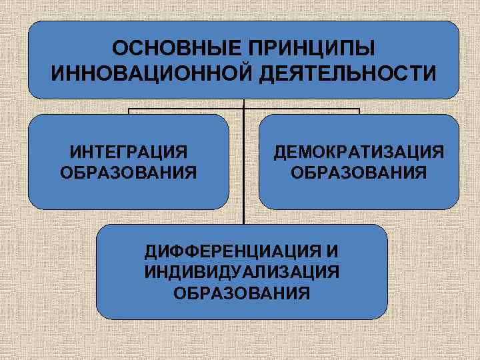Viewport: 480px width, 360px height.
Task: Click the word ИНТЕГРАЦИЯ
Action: coord(129,153)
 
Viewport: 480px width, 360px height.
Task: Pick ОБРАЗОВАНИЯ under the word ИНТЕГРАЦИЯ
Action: coord(129,173)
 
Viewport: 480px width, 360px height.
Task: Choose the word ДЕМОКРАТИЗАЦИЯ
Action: coord(359,153)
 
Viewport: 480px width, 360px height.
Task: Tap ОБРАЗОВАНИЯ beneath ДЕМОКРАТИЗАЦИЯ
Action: coord(359,173)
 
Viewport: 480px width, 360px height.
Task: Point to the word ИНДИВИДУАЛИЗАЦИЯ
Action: coord(241,272)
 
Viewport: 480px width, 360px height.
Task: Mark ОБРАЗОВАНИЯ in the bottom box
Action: coord(241,292)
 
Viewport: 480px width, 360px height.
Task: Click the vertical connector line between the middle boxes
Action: coord(244,167)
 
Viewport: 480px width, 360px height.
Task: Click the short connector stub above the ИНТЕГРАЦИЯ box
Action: coord(129,111)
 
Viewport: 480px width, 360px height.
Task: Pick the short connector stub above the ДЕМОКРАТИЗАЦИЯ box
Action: coord(359,111)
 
